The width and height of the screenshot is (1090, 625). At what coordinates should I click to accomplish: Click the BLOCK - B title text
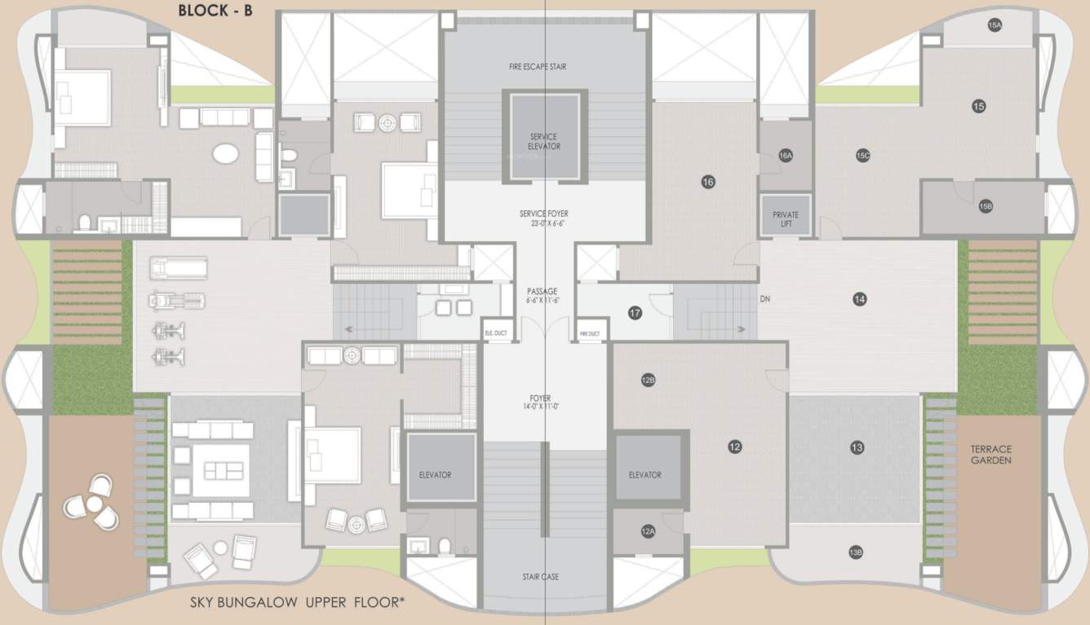(x=215, y=11)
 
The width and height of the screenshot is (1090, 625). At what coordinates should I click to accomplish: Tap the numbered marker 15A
(x=994, y=25)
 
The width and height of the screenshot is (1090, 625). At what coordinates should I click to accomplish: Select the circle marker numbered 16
(x=707, y=182)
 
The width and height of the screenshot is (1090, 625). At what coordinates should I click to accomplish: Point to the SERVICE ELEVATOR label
(x=544, y=142)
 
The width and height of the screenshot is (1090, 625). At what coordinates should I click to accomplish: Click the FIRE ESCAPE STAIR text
(x=544, y=67)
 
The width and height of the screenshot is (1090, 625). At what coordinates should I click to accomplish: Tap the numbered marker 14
(x=859, y=299)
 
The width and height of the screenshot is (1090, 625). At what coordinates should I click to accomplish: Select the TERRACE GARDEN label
(x=991, y=455)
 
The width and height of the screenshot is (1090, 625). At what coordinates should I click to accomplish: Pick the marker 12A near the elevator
(x=648, y=531)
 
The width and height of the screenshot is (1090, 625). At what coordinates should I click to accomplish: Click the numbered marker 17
(x=635, y=312)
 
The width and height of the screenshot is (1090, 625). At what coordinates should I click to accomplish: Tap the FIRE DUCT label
(x=589, y=334)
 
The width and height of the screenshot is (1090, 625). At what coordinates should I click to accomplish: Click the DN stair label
(x=764, y=299)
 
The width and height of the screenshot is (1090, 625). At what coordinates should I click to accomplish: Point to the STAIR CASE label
(x=541, y=577)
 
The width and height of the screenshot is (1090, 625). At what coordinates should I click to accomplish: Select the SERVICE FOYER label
(x=543, y=218)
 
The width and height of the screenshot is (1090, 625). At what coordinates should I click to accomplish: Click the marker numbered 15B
(x=986, y=207)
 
